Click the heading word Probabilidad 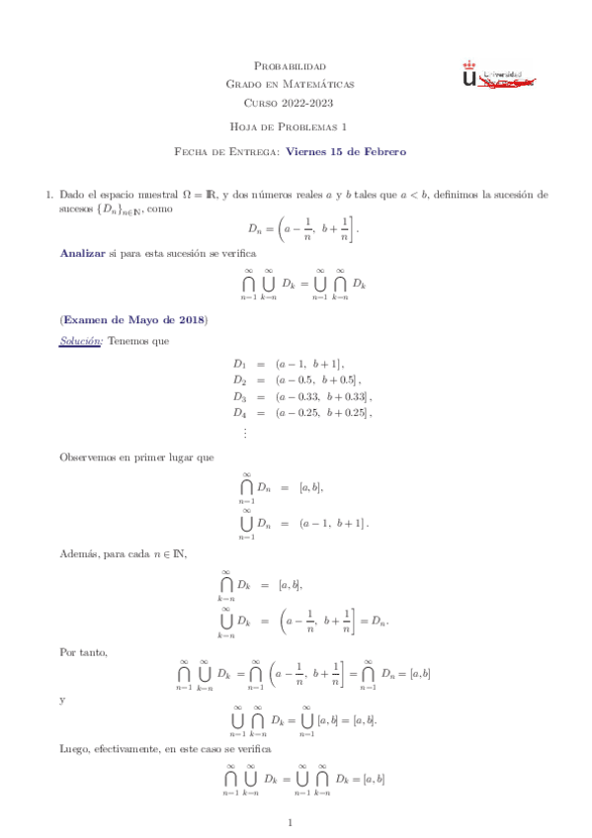pyautogui.click(x=296, y=65)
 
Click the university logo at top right pyautogui.click(x=498, y=76)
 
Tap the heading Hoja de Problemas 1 pyautogui.click(x=296, y=127)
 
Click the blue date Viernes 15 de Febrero pyautogui.click(x=346, y=151)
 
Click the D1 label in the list pyautogui.click(x=239, y=364)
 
